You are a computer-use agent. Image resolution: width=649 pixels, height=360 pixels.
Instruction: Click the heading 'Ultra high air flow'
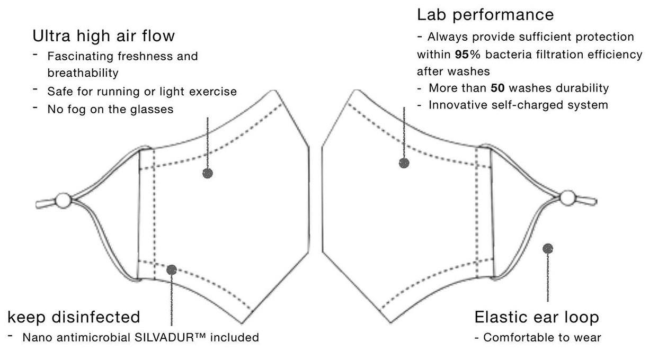[104, 36]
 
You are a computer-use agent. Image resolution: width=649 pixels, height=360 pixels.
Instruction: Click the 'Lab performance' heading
[485, 14]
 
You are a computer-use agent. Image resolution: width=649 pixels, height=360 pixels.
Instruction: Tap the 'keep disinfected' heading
[74, 317]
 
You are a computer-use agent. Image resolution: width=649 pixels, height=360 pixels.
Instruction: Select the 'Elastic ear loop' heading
[537, 317]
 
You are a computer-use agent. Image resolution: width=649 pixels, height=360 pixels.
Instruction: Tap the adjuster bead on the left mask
[63, 201]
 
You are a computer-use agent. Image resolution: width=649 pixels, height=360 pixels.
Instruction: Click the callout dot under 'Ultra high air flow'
[208, 173]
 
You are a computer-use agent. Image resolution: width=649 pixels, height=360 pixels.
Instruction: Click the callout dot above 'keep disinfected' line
[171, 269]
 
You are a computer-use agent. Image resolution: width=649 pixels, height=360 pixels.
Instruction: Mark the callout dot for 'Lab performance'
[404, 163]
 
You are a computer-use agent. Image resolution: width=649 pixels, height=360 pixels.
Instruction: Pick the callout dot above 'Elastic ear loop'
[548, 248]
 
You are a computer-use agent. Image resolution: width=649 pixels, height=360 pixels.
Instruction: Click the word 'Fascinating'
[77, 56]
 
